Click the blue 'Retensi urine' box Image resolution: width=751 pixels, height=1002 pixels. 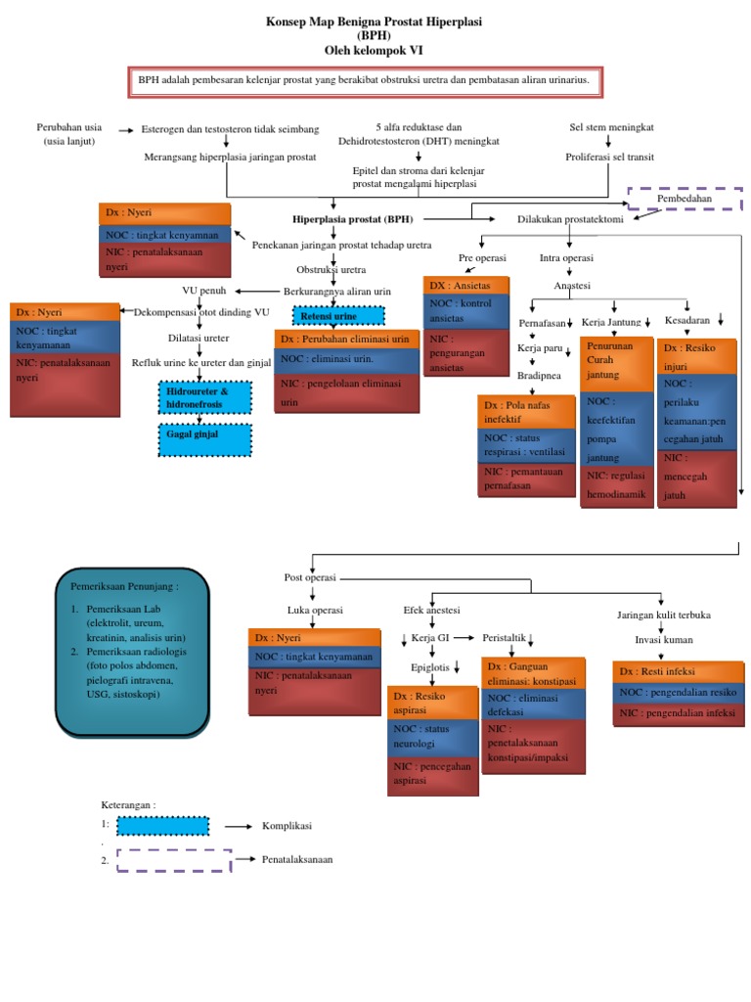(x=339, y=316)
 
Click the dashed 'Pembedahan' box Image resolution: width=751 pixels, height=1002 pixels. (x=685, y=199)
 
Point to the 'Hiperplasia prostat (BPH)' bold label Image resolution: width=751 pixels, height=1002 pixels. (x=351, y=218)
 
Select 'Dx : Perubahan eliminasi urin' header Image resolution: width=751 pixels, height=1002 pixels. (x=346, y=339)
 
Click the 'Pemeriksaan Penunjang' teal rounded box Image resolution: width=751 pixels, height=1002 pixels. (x=134, y=650)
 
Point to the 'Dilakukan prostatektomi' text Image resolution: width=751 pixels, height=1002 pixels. (x=570, y=219)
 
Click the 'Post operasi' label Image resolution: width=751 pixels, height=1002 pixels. (x=310, y=577)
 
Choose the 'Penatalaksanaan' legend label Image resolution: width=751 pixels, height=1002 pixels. (x=297, y=859)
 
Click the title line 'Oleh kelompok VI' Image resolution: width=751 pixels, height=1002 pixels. (x=375, y=49)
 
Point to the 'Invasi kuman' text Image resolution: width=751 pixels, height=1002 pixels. (x=663, y=640)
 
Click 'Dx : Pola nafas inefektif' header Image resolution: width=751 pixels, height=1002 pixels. (x=527, y=412)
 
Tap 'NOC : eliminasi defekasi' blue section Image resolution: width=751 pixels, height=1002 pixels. (x=533, y=705)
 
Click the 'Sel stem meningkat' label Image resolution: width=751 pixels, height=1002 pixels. (x=612, y=128)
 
